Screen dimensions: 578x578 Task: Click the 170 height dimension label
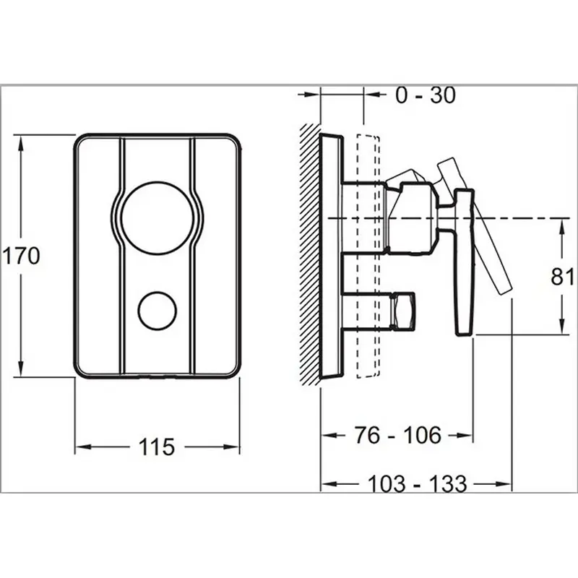coord(20,255)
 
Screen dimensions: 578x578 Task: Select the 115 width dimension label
coord(157,447)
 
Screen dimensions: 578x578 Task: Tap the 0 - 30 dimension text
coord(426,95)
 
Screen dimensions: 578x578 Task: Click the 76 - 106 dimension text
coord(397,435)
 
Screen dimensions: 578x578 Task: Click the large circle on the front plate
coord(157,217)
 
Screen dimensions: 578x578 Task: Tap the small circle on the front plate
coord(157,310)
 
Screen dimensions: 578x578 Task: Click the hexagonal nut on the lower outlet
coord(402,309)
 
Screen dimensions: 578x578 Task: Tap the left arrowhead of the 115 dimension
coord(82,447)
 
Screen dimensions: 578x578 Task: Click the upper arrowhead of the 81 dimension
coord(562,225)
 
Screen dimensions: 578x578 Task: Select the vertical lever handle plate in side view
coord(465,260)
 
